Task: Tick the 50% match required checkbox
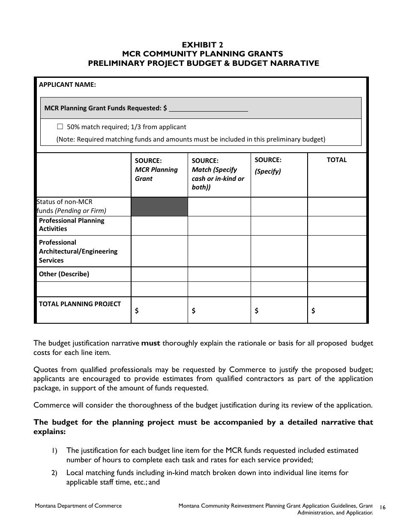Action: coord(60,127)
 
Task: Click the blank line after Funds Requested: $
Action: coord(208,109)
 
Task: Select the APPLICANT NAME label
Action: coord(67,85)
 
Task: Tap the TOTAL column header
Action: coord(336,160)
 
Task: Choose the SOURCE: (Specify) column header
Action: coord(268,165)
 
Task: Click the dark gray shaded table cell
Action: coord(159,207)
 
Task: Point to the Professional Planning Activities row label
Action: coord(72,225)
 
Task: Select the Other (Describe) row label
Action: coord(64,274)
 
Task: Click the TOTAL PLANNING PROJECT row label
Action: coord(80,304)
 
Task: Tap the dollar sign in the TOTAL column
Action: coord(313,311)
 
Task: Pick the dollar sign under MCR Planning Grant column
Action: coord(137,311)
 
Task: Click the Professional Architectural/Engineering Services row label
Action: coord(78,251)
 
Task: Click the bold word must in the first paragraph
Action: coord(150,343)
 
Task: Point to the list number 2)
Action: coord(54,473)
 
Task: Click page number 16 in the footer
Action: coord(383,507)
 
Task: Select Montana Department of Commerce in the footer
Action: coord(78,506)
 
